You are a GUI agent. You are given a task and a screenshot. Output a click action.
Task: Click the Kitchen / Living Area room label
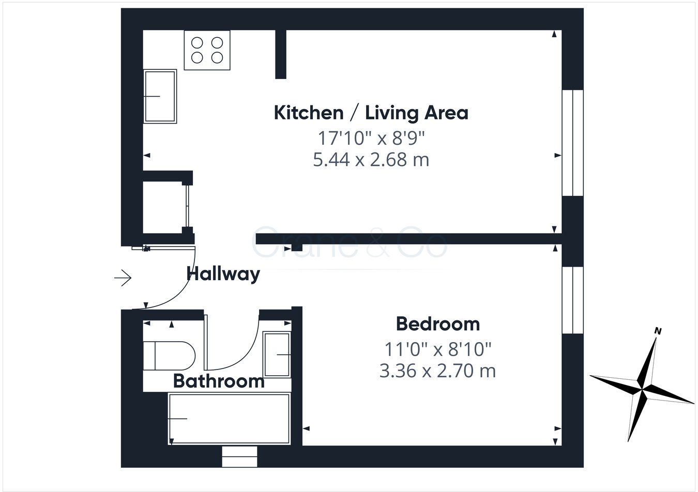pos(371,113)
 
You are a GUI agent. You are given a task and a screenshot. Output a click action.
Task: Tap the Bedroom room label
pos(437,324)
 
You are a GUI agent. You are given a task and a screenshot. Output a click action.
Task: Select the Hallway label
pos(223,273)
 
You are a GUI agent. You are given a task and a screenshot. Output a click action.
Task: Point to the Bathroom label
pos(218,381)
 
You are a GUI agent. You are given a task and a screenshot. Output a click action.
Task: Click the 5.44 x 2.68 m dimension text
pos(371,160)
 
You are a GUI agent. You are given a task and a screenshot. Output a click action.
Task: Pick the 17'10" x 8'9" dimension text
pos(371,138)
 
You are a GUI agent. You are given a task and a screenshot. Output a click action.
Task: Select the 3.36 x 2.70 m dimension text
pos(437,371)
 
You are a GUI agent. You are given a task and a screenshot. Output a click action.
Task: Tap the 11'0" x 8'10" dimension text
pos(437,350)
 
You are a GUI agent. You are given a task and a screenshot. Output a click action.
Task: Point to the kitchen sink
pos(160,96)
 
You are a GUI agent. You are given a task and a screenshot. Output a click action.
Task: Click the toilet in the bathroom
pos(168,356)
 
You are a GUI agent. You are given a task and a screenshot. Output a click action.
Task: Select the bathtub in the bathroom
pos(229,419)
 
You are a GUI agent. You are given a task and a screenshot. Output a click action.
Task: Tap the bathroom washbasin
pos(277,355)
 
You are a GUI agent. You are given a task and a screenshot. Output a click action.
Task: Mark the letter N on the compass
pos(658,331)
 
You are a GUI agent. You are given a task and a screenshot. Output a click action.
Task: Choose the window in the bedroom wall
pos(572,300)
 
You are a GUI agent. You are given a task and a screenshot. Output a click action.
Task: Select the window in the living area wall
pos(572,143)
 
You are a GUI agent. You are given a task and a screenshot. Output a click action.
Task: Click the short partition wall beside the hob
pos(281,54)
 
